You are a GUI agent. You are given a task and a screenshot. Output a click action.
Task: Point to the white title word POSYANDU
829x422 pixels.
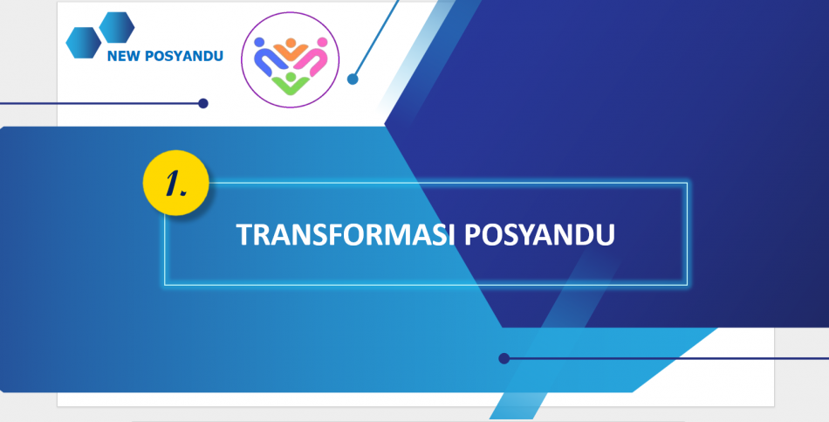[540, 234]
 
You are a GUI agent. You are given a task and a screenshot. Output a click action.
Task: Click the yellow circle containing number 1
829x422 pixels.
[176, 183]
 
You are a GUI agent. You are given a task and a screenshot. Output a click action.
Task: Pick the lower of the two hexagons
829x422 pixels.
[84, 42]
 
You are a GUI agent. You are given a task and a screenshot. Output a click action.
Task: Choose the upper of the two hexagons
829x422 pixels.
[117, 27]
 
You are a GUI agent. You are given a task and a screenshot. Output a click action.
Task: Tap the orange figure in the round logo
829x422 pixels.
[291, 50]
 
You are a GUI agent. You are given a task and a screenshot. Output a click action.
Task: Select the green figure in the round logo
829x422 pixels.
[291, 84]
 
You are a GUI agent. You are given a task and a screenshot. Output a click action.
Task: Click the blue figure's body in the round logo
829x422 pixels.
[270, 59]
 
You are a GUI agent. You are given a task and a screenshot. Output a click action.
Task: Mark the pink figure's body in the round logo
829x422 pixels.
[311, 59]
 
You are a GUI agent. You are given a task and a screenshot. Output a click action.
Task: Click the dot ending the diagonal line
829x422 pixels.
[353, 80]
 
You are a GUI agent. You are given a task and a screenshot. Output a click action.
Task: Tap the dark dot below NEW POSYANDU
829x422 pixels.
[203, 103]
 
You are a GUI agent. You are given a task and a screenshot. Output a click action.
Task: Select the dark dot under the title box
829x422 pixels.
[504, 358]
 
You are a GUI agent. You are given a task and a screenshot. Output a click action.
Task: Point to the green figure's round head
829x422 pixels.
[291, 77]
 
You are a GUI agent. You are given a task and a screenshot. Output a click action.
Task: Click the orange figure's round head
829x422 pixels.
[291, 42]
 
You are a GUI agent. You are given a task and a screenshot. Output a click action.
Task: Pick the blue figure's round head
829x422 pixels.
[258, 42]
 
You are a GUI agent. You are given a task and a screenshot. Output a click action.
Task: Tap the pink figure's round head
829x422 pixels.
[322, 42]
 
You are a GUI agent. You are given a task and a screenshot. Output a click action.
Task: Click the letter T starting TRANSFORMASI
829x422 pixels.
[244, 234]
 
